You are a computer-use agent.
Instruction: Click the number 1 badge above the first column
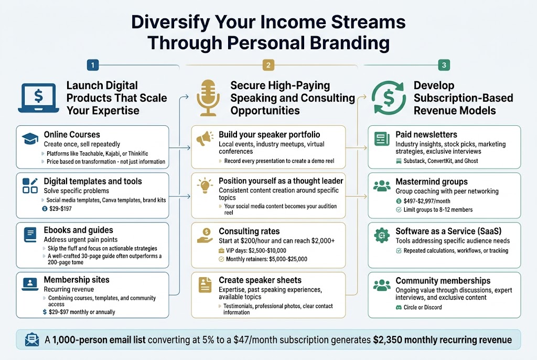click(x=92, y=66)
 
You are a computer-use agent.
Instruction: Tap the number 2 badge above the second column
click(x=268, y=66)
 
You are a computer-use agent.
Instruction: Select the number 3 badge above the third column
click(x=444, y=66)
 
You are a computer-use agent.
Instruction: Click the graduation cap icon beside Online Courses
click(x=30, y=138)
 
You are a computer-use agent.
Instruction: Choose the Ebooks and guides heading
click(x=78, y=230)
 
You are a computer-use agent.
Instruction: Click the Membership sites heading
click(x=77, y=279)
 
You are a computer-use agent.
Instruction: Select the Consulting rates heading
click(x=249, y=231)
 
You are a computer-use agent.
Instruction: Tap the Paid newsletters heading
click(x=426, y=135)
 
